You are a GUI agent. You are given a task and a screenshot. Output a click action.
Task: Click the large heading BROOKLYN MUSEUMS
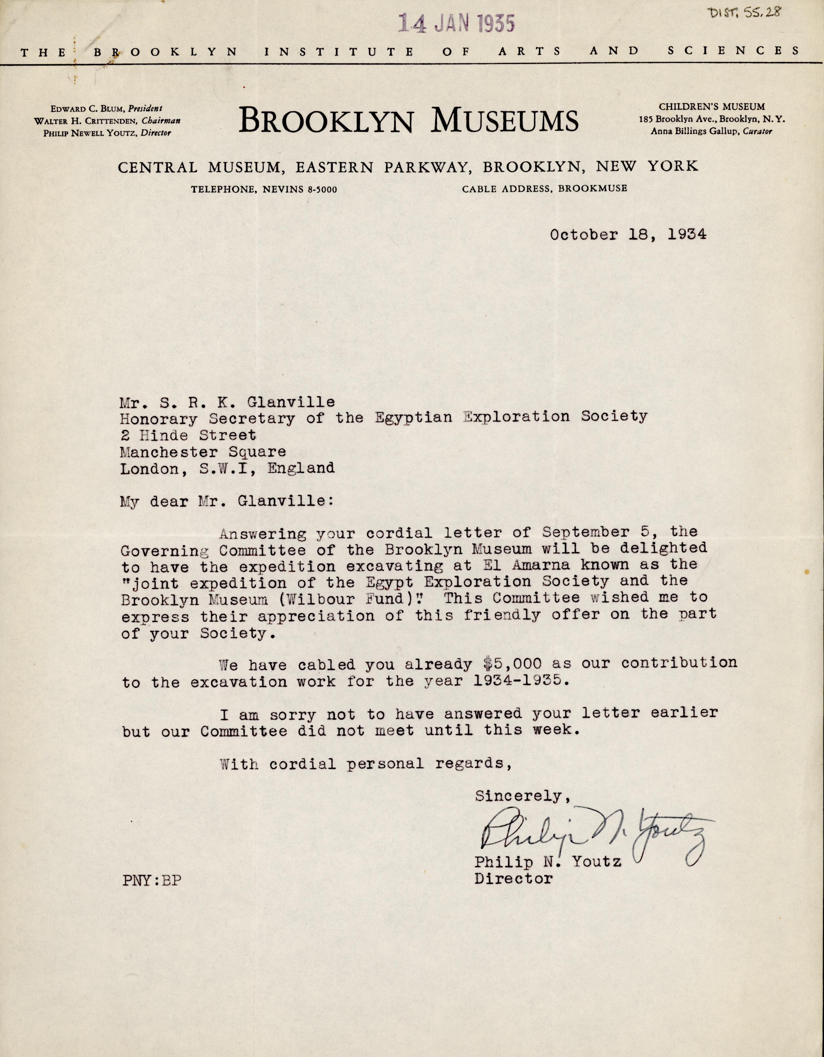409,121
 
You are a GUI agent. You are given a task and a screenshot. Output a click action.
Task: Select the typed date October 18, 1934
628,235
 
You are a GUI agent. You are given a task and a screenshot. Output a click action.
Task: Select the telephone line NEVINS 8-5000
264,189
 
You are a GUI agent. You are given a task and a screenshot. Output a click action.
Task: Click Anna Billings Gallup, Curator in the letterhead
711,131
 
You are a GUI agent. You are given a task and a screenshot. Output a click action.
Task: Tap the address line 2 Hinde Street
188,435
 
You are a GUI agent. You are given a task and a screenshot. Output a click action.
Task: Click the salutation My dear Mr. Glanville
226,501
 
